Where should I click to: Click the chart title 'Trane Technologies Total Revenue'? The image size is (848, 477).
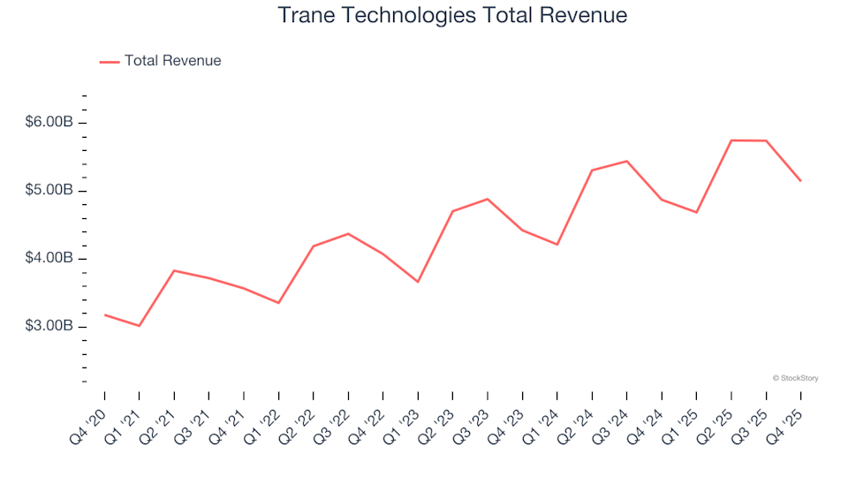coord(452,15)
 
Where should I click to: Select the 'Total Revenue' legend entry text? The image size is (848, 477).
coord(172,61)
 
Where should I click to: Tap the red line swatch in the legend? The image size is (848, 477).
coord(109,62)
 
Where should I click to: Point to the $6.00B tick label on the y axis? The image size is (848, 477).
coord(49,123)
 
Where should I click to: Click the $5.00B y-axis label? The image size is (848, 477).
coord(49,191)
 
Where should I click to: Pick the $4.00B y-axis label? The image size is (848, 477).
coord(49,259)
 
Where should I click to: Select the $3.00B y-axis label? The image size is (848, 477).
coord(49,327)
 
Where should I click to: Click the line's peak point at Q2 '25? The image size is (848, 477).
coord(731,140)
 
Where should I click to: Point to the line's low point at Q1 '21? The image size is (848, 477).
coord(139,326)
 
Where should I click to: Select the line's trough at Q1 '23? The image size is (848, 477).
coord(418,282)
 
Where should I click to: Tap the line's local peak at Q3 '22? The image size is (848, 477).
coord(348,233)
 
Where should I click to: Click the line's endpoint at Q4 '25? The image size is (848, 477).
coord(800,180)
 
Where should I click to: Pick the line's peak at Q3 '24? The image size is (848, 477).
coord(627,161)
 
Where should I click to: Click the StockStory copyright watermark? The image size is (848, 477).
coord(795,378)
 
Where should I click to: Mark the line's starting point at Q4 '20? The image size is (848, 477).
coord(104,314)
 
